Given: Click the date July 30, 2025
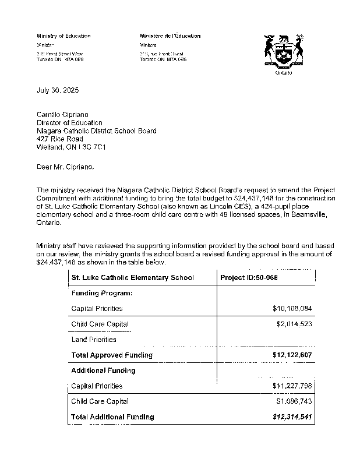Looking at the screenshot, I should click(57, 91).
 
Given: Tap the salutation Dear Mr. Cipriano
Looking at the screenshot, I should click(65, 167).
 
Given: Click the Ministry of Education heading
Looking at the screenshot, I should click(63, 36).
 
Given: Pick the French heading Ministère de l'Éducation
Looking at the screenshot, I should click(170, 36).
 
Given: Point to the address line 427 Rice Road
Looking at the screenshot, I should click(59, 139).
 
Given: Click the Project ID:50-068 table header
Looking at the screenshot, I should click(249, 278).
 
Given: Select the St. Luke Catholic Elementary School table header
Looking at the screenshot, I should click(132, 278).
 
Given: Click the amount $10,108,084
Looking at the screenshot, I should click(292, 308).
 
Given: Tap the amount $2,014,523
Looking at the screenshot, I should click(294, 324).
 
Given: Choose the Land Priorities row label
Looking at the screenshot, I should click(94, 340).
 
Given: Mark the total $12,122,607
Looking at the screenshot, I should click(292, 355).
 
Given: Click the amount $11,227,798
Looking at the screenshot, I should click(292, 386).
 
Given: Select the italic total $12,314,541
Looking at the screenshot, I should click(292, 417).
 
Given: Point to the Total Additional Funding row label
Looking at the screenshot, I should click(112, 417).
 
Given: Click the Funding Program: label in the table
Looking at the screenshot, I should click(101, 293).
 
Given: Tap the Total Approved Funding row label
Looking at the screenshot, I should click(112, 355).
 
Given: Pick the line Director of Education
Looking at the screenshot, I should click(69, 123).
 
